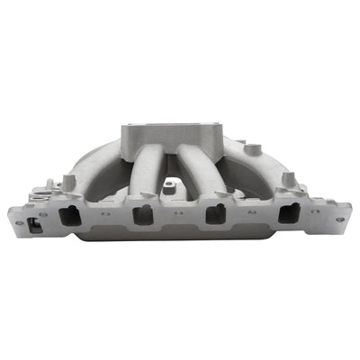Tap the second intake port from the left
pyautogui.click(x=142, y=215)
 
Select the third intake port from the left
pyautogui.click(x=215, y=215)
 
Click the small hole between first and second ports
pyautogui.click(x=105, y=216)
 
